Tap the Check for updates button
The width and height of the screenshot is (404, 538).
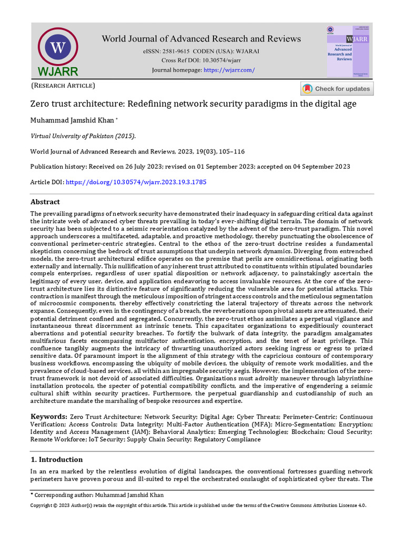coord(337,89)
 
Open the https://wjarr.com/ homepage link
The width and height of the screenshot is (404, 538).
coord(229,70)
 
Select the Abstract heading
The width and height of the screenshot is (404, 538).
coord(45,202)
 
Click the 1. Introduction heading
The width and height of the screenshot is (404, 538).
coord(56,459)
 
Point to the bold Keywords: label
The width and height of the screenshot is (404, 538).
coord(48,416)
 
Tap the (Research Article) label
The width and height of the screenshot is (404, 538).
coord(63,85)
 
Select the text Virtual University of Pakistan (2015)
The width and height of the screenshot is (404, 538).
coord(83,136)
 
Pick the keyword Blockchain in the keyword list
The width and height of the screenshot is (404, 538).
coord(306,432)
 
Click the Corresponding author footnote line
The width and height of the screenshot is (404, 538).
coord(97,495)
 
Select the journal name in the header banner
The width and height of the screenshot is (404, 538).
coord(201,39)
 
